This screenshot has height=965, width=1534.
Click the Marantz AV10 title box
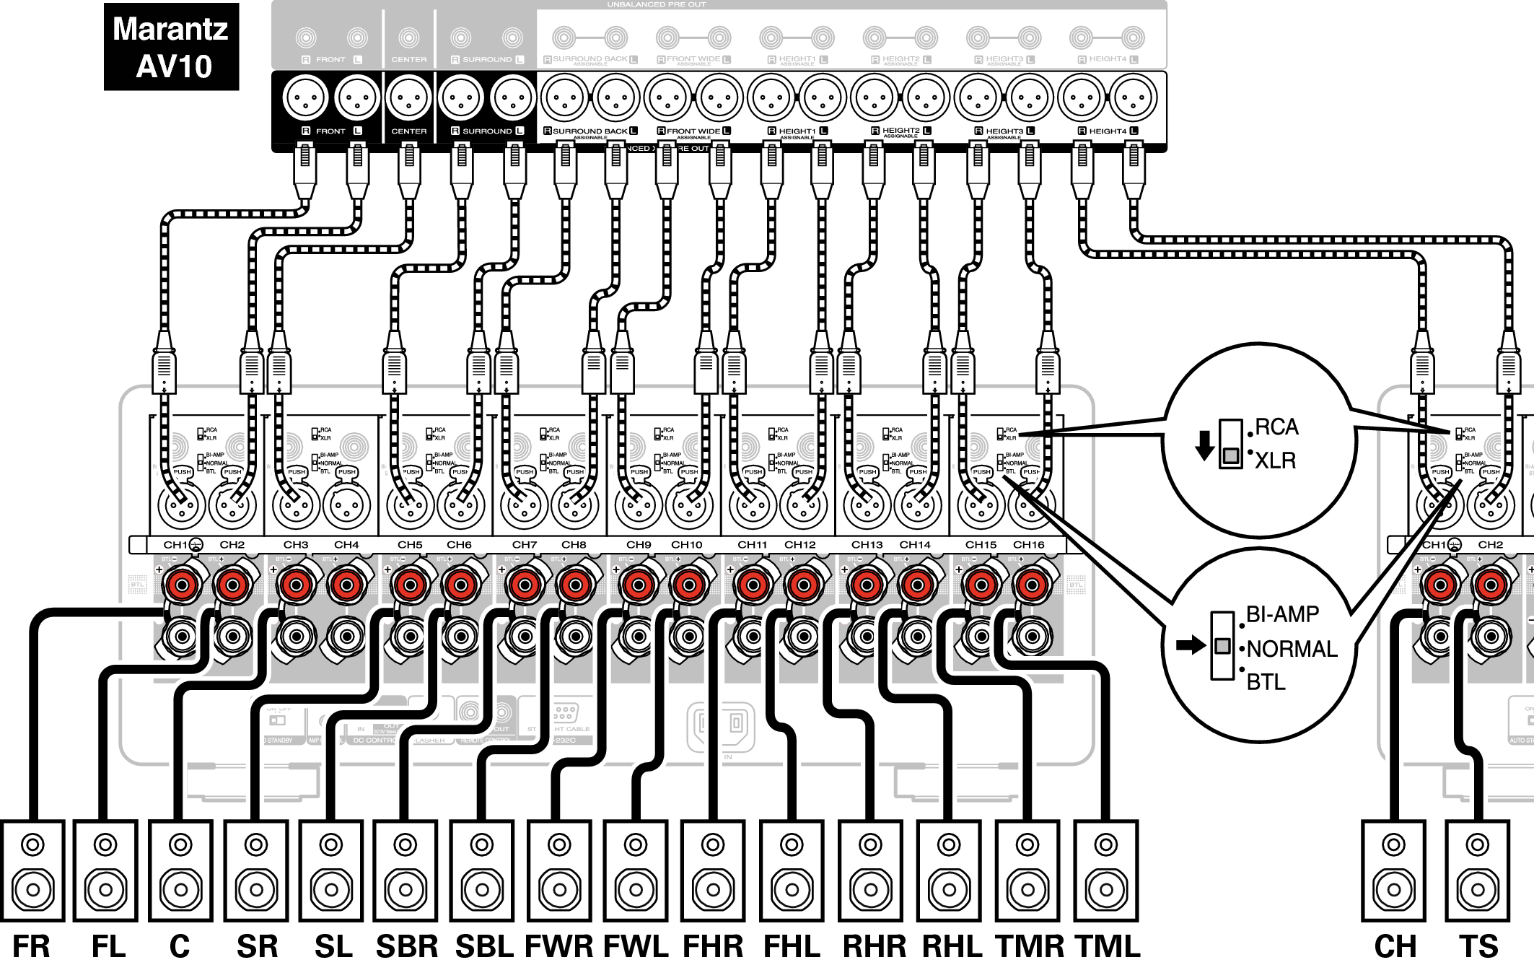[x=171, y=47]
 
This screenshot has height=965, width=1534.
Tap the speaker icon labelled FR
[x=32, y=870]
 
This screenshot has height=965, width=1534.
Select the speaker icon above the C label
[x=180, y=870]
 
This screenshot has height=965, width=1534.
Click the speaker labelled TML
[x=1105, y=870]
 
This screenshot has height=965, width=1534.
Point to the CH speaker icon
[x=1393, y=870]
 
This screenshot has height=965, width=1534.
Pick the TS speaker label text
[x=1478, y=946]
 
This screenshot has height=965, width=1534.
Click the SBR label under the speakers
[x=407, y=946]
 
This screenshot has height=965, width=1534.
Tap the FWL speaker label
[x=636, y=946]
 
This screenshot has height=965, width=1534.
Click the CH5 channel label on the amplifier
[x=410, y=545]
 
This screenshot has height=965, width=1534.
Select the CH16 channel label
[x=1028, y=545]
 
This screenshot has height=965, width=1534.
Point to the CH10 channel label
[x=686, y=545]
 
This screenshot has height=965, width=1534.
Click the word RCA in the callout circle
[x=1276, y=427]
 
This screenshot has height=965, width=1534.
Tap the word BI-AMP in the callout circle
[x=1282, y=614]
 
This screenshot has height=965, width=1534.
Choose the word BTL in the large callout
[x=1266, y=682]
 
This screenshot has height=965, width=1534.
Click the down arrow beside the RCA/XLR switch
[x=1204, y=445]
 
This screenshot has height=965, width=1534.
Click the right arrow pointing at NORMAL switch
[x=1191, y=645]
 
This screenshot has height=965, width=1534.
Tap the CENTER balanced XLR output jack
[x=408, y=97]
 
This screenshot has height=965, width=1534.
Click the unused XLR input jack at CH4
[x=346, y=505]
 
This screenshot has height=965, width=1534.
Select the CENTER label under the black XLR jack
[x=408, y=131]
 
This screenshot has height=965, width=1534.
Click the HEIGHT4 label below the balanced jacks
[x=1108, y=131]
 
